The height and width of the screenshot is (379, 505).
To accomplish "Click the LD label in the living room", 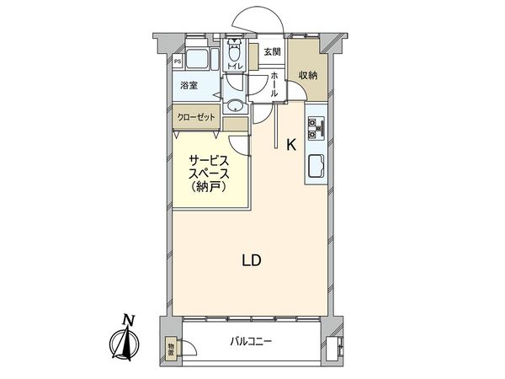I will (x=252, y=260).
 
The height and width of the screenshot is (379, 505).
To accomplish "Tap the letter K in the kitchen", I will (x=291, y=144).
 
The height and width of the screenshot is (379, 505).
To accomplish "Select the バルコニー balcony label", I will (x=252, y=343).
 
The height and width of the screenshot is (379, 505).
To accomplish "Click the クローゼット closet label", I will (x=197, y=117).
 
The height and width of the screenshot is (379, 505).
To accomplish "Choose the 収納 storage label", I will (x=308, y=75).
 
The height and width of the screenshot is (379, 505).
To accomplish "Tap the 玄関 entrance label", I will (x=271, y=53).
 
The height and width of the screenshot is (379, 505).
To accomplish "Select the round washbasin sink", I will (x=236, y=106).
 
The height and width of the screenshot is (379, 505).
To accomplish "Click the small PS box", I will (x=178, y=61).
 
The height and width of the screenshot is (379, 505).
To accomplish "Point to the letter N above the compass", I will (x=128, y=319).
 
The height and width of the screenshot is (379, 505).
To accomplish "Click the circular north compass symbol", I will (x=127, y=344).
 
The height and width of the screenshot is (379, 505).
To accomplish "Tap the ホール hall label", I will (x=274, y=85).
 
